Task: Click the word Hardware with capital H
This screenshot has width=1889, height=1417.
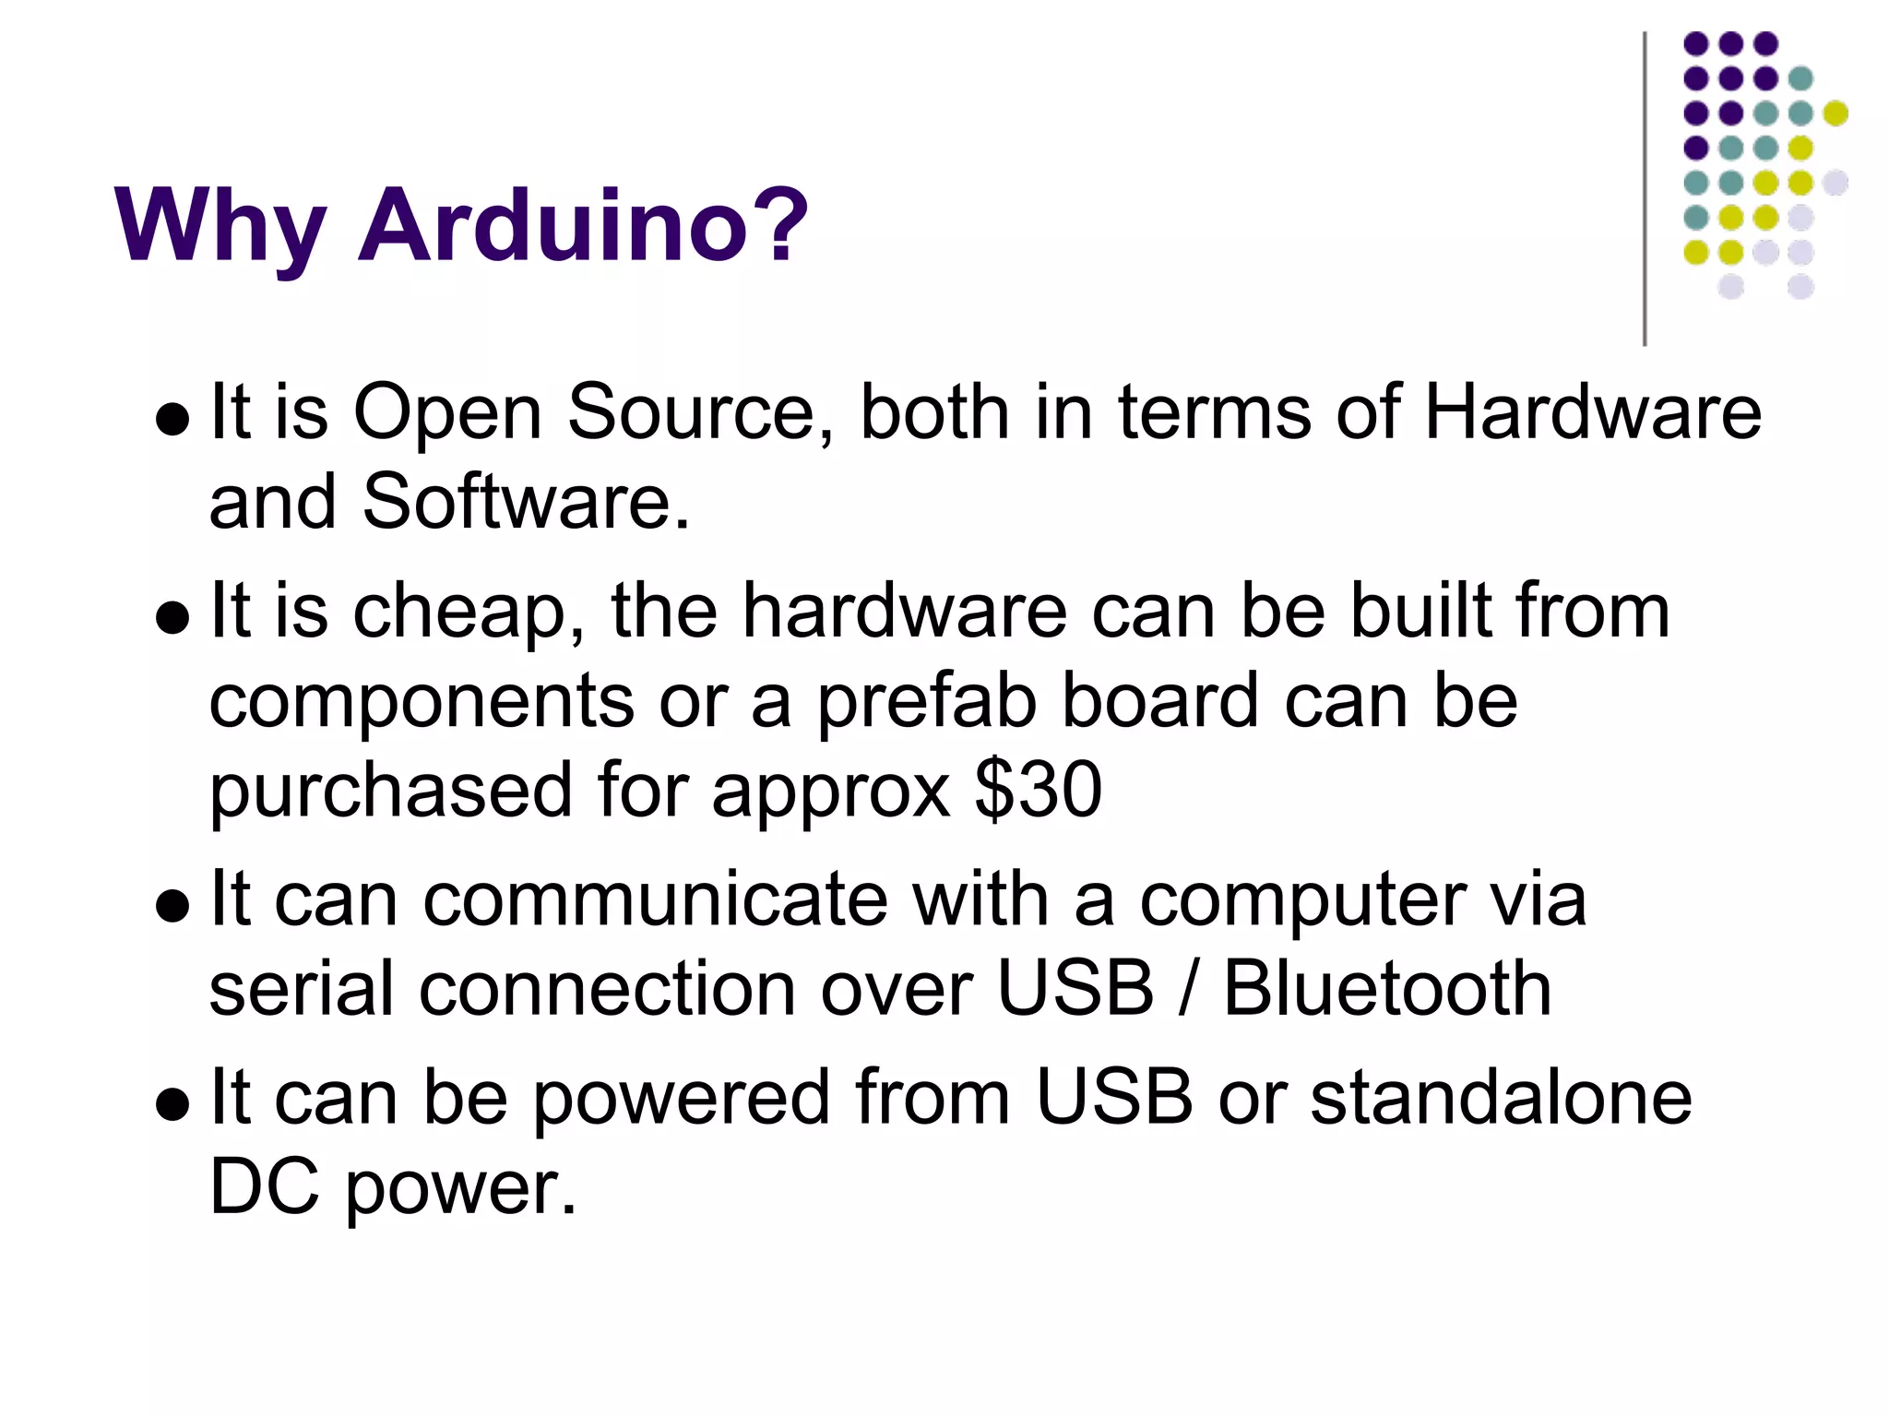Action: pyautogui.click(x=1592, y=411)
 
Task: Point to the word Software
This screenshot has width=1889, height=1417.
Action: pyautogui.click(x=526, y=502)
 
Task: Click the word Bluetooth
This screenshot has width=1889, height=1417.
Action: pyautogui.click(x=1387, y=989)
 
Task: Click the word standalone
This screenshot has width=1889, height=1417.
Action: pyautogui.click(x=1502, y=1098)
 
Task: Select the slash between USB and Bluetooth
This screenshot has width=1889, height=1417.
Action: pyautogui.click(x=1188, y=989)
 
